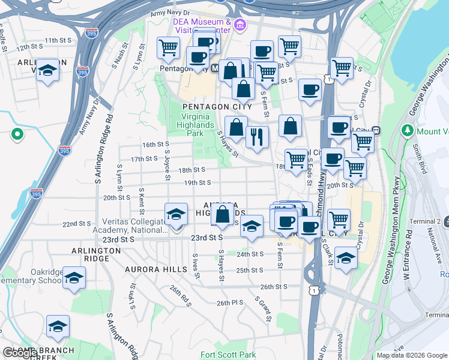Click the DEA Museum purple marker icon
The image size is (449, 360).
click(x=240, y=25)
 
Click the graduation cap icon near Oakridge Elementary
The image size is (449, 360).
click(x=74, y=277)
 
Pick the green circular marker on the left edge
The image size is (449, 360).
click(x=17, y=134)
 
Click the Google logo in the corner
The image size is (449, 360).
click(x=19, y=353)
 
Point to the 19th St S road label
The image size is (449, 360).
click(x=197, y=183)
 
